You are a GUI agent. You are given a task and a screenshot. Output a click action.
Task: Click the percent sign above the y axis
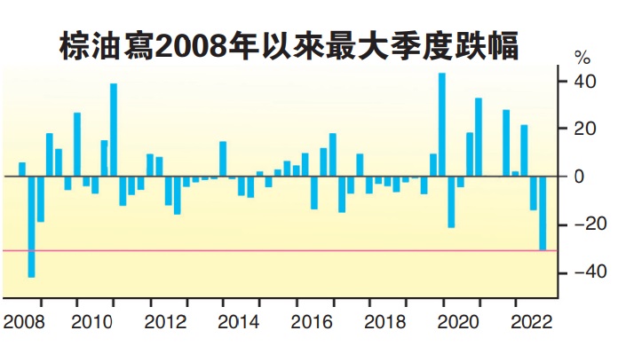[582, 59]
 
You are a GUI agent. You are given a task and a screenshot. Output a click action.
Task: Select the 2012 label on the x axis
[161, 321]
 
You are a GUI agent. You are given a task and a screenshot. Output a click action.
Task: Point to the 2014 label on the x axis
[234, 321]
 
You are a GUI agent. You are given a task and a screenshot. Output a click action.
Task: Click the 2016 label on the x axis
[306, 321]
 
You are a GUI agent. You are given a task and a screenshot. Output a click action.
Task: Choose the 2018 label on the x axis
[379, 321]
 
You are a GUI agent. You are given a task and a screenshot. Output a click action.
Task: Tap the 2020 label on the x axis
[452, 321]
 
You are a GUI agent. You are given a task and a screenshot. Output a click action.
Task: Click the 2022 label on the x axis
[525, 321]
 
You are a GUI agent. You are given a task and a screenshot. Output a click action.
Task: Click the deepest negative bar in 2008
[31, 226]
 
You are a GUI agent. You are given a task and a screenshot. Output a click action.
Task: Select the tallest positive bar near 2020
[441, 124]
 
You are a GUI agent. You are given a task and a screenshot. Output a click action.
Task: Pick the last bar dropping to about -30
[542, 213]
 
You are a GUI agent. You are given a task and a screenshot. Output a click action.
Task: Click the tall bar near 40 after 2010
[114, 130]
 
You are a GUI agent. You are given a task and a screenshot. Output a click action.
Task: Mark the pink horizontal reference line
[266, 250]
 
